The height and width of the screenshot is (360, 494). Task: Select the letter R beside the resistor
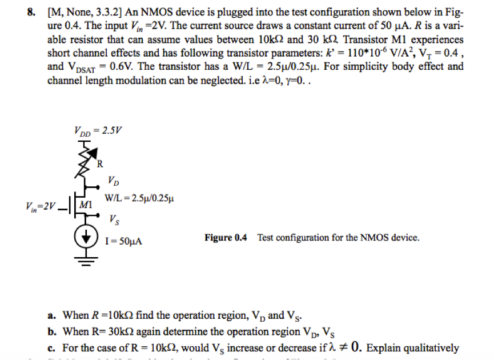pyautogui.click(x=100, y=166)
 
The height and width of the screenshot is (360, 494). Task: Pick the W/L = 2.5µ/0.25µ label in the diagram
pyautogui.click(x=140, y=198)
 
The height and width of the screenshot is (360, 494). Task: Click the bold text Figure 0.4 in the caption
pyautogui.click(x=226, y=237)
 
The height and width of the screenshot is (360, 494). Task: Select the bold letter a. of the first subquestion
pyautogui.click(x=51, y=315)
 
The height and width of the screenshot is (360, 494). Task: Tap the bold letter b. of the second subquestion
pyautogui.click(x=51, y=331)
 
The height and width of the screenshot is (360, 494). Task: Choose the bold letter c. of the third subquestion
pyautogui.click(x=51, y=347)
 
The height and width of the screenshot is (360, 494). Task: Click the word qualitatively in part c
pyautogui.click(x=435, y=347)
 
